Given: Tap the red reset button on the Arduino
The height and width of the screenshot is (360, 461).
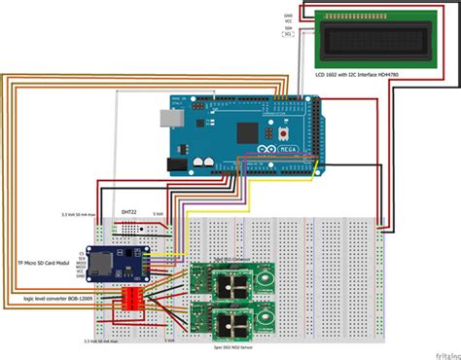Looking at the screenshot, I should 283,132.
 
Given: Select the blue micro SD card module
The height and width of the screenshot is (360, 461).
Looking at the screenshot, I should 114,262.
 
